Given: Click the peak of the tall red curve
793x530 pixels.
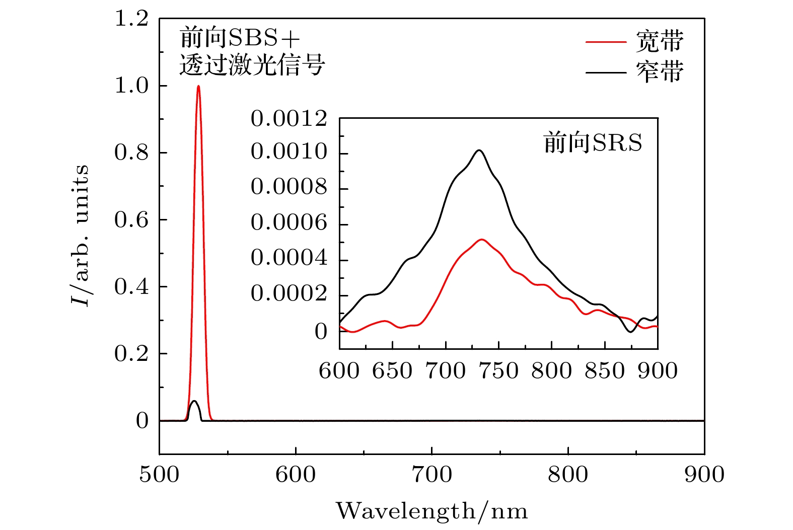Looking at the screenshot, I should [198, 86].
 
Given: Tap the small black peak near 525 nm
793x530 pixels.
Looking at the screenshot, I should [194, 401].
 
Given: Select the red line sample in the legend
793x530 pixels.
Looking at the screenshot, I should [606, 42].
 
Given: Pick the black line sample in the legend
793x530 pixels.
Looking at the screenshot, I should [606, 73].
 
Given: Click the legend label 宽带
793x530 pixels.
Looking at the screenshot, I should [660, 41].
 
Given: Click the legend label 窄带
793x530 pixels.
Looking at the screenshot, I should [660, 72].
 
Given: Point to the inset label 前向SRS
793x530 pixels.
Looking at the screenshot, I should [593, 143].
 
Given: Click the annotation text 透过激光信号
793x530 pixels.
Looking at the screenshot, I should [252, 65].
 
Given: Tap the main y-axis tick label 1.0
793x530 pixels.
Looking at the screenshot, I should [131, 86].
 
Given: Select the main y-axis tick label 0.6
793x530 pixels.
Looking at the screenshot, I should [131, 219].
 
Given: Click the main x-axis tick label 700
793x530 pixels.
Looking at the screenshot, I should [432, 475].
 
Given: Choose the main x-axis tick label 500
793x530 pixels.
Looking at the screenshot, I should [159, 475].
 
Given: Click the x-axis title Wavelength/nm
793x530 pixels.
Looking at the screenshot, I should [432, 511].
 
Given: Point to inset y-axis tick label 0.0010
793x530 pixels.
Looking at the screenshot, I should [289, 152].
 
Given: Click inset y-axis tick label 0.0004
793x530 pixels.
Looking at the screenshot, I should [289, 258].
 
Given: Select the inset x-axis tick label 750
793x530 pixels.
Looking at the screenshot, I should [498, 371].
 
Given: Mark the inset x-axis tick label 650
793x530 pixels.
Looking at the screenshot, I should [392, 371].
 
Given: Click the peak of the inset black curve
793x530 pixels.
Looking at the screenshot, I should [479, 150].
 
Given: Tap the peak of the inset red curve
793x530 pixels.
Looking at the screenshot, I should [482, 240].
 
